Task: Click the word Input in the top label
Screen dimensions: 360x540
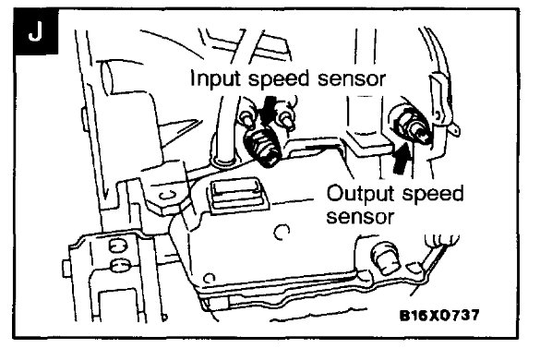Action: pyautogui.click(x=213, y=78)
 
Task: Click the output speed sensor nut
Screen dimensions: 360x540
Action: pyautogui.click(x=403, y=119)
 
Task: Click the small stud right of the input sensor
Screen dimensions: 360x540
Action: pyautogui.click(x=288, y=121)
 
